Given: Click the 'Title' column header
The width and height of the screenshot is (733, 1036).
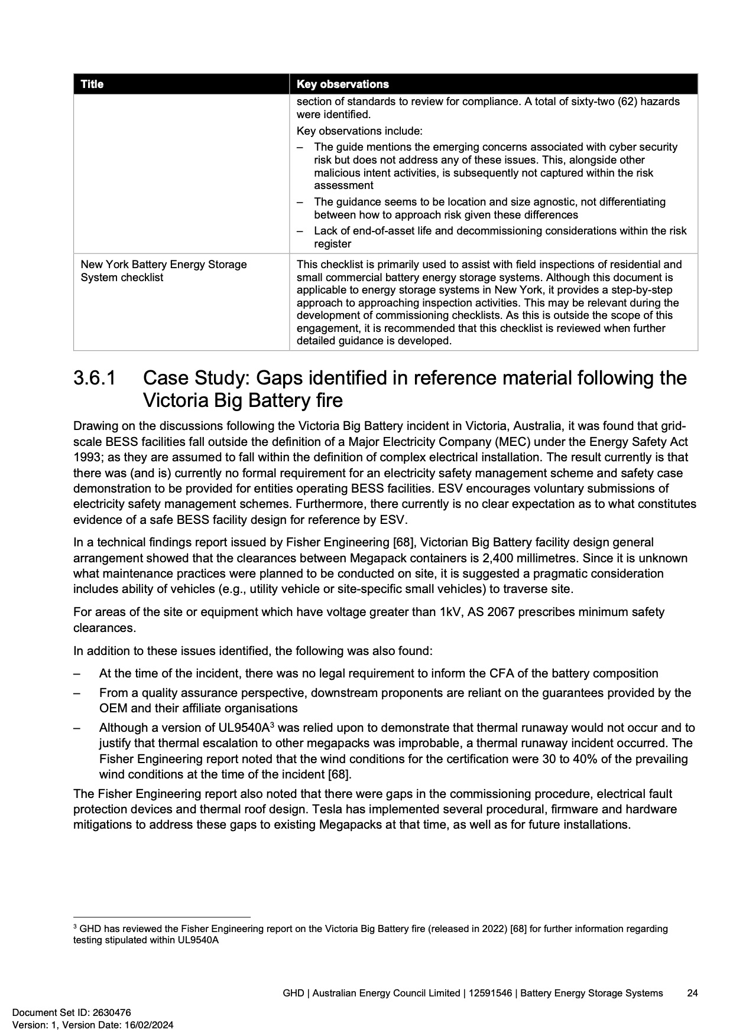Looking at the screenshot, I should [92, 84].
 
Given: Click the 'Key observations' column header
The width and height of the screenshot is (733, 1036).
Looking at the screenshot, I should [342, 84].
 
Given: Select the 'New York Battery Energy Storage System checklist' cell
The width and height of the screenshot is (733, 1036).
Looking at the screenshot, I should [164, 271].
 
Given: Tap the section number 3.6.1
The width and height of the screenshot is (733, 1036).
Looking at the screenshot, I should [95, 378].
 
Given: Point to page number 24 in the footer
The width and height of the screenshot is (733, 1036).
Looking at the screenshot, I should [692, 993].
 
